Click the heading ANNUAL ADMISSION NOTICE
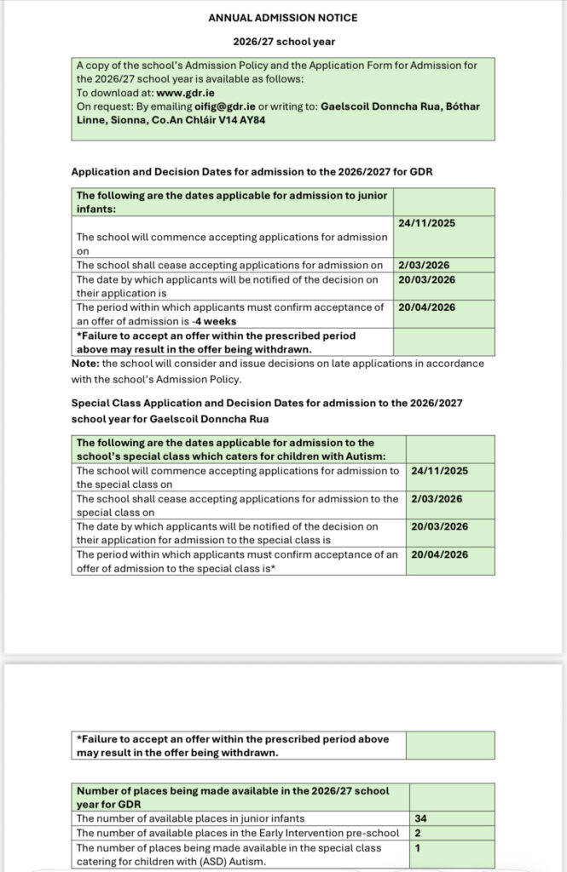[x=283, y=18]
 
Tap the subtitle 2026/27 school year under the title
[x=282, y=41]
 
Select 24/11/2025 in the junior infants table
[x=426, y=223]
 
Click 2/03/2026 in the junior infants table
[x=423, y=265]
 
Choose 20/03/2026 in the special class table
[x=440, y=526]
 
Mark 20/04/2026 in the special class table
[x=440, y=554]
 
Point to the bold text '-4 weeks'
[x=214, y=321]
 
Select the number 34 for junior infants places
[x=420, y=818]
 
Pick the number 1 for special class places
[x=417, y=847]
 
